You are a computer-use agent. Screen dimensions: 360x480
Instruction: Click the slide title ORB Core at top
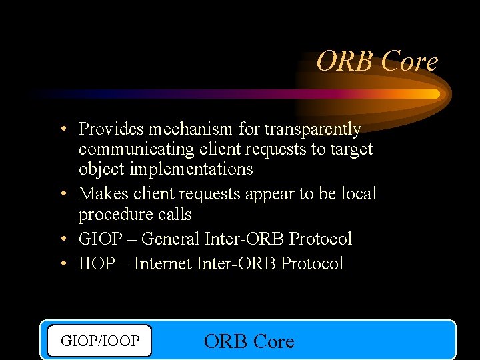pyautogui.click(x=377, y=61)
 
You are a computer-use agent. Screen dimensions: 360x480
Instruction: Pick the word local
pyautogui.click(x=359, y=193)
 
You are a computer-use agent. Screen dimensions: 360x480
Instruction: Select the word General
pyautogui.click(x=171, y=239)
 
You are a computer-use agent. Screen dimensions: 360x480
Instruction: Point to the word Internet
pyautogui.click(x=163, y=263)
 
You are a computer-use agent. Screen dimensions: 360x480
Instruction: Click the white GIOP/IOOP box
pyautogui.click(x=100, y=341)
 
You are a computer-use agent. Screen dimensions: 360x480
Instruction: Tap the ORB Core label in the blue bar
pyautogui.click(x=249, y=341)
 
